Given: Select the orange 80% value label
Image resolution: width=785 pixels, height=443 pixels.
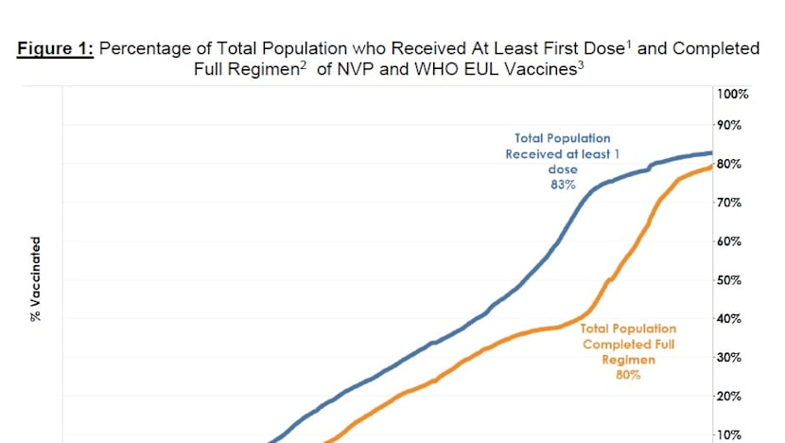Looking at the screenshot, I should (x=629, y=375).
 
